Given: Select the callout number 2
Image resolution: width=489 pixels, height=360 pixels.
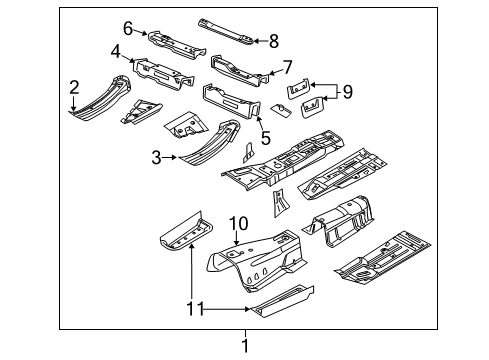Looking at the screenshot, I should [74, 89].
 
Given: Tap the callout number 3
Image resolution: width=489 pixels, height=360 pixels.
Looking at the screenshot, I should [156, 156].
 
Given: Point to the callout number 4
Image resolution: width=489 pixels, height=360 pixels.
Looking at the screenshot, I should [116, 51].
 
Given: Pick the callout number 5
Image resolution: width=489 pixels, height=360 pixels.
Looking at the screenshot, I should [265, 138].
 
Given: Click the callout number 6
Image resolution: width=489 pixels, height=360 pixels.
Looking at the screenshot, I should [128, 27].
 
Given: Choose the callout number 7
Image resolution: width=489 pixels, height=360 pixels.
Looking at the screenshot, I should [287, 68].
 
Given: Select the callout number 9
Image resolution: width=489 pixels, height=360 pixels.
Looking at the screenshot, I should [347, 93].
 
